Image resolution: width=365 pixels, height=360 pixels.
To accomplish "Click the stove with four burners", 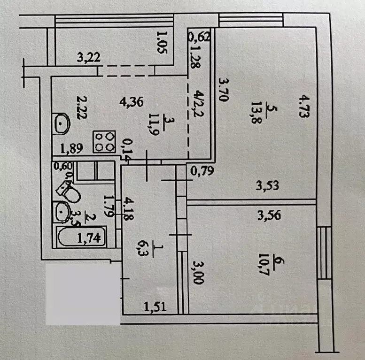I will click(x=105, y=141).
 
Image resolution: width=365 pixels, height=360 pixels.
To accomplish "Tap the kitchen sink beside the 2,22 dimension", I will click(x=62, y=124).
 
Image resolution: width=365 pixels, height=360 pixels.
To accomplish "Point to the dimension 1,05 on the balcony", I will click(x=161, y=43).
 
